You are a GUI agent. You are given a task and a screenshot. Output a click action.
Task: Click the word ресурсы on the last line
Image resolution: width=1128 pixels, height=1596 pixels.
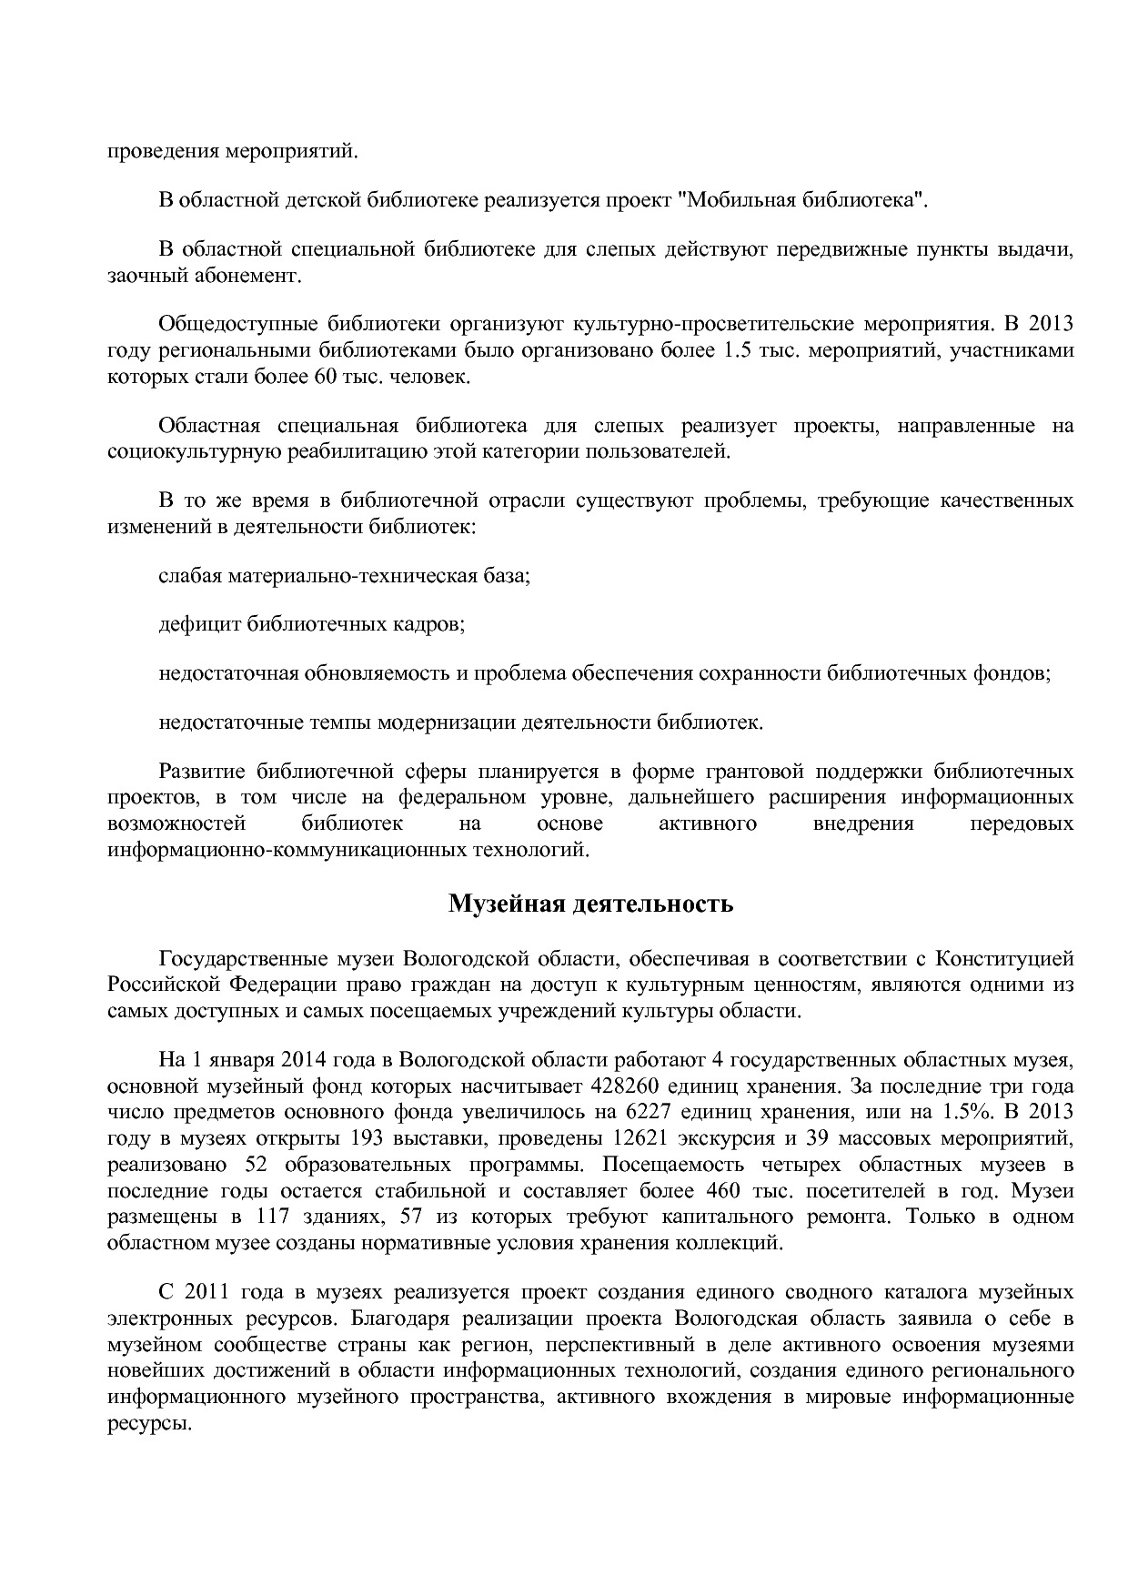point(148,1424)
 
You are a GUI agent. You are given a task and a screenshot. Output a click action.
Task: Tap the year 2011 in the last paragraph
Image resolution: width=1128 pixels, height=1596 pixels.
point(205,1292)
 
